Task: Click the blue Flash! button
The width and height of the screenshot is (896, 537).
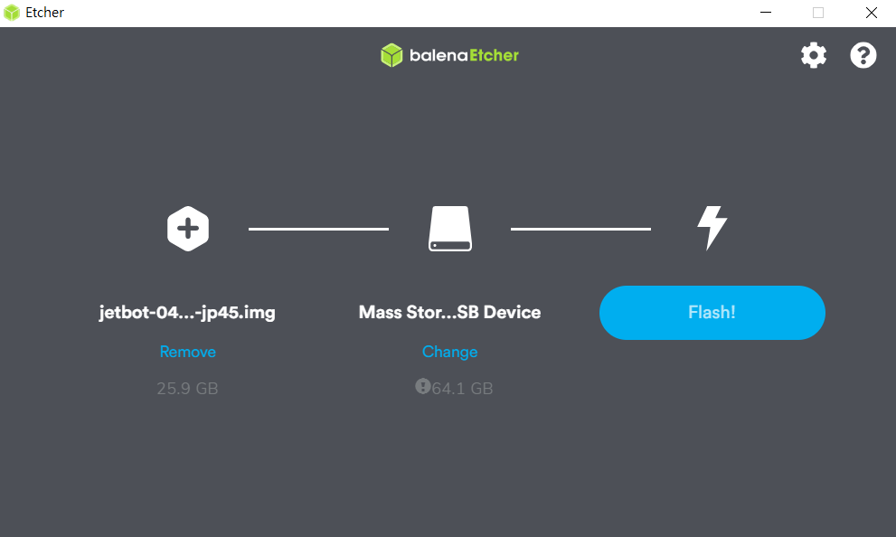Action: click(712, 313)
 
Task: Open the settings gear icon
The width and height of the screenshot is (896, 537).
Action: click(814, 55)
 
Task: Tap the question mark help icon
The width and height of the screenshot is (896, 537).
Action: click(863, 55)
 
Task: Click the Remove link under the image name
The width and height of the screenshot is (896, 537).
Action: click(187, 352)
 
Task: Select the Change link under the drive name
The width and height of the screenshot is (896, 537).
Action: click(449, 352)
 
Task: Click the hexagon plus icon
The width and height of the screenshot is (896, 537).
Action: click(188, 229)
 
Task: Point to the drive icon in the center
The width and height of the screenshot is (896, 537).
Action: click(450, 229)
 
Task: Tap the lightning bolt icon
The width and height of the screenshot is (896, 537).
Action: click(712, 228)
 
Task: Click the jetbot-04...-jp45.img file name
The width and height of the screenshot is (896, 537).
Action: click(187, 313)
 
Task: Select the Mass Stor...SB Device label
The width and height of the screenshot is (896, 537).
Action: click(449, 312)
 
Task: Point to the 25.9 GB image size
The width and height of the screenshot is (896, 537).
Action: click(187, 389)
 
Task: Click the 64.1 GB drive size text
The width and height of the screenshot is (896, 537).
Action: click(462, 389)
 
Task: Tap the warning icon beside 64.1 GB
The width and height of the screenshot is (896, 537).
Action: click(423, 387)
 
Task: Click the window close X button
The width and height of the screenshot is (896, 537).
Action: click(871, 13)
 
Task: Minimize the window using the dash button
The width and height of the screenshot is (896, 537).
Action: click(766, 13)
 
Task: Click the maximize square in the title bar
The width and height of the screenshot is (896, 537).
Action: click(818, 13)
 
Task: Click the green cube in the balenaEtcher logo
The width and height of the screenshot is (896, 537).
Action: click(391, 55)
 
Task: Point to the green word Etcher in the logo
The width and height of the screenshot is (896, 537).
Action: click(495, 55)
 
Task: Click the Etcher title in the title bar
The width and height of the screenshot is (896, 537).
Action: click(44, 13)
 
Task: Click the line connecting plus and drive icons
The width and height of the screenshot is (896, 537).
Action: click(318, 229)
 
